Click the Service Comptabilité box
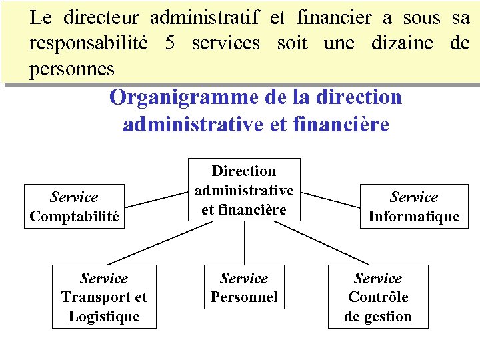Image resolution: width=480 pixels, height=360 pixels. click(74, 207)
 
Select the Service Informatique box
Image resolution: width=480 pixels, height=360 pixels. click(413, 207)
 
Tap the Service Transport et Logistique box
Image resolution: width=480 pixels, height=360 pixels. click(104, 297)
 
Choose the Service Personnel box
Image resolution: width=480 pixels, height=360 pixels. click(244, 287)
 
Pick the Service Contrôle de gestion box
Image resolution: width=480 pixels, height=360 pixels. click(378, 297)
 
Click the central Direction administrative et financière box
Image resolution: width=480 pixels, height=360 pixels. click(244, 189)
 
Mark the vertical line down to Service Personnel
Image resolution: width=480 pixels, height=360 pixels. click(244, 243)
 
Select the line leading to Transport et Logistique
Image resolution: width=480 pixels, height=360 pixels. click(160, 243)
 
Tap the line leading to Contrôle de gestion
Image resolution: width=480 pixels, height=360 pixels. click(321, 243)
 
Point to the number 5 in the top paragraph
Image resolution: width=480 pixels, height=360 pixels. click(171, 43)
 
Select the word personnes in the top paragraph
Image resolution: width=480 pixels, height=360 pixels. click(71, 69)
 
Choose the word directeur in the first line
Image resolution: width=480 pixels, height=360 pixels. click(101, 18)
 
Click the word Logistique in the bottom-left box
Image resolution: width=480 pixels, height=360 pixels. click(104, 316)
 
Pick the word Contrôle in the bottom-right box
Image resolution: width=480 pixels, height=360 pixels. click(378, 297)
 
